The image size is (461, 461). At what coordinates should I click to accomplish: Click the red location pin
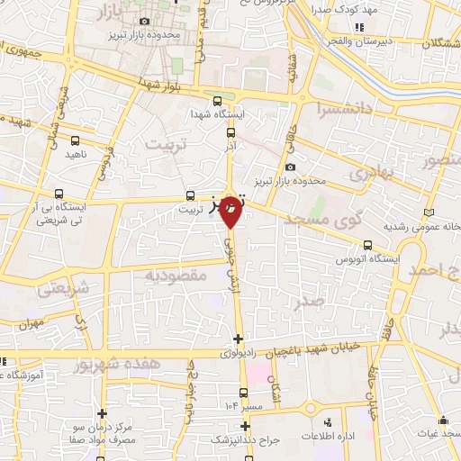point(230,212)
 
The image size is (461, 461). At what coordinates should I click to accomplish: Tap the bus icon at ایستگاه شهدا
point(218,100)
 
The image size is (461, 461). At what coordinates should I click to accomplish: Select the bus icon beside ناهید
point(75,140)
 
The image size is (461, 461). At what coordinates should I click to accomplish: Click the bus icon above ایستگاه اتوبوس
point(367,245)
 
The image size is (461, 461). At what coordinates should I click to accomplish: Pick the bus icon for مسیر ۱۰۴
point(243,392)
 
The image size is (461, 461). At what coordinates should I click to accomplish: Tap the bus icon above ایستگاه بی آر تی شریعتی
point(59,194)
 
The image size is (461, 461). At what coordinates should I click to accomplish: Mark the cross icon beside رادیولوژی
point(238,339)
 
